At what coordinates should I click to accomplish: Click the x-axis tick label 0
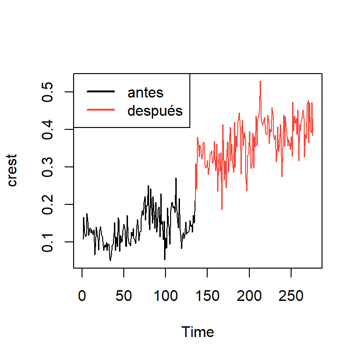pyautogui.click(x=82, y=297)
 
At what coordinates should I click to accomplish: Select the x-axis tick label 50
pyautogui.click(x=124, y=297)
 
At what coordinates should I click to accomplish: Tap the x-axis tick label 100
pyautogui.click(x=165, y=297)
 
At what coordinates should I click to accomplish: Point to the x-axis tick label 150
pyautogui.click(x=207, y=297)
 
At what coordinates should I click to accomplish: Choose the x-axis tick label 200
pyautogui.click(x=249, y=297)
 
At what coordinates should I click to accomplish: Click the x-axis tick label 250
pyautogui.click(x=291, y=297)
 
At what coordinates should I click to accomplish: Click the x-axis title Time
pyautogui.click(x=198, y=332)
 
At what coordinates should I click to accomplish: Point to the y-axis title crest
pyautogui.click(x=12, y=170)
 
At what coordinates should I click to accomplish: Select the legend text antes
pyautogui.click(x=145, y=92)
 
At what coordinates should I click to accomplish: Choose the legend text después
pyautogui.click(x=155, y=111)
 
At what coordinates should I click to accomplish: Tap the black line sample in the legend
pyautogui.click(x=100, y=92)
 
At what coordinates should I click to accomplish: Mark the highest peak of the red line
pyautogui.click(x=260, y=81)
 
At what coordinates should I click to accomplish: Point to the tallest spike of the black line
pyautogui.click(x=176, y=178)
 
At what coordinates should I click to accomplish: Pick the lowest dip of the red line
pyautogui.click(x=222, y=209)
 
